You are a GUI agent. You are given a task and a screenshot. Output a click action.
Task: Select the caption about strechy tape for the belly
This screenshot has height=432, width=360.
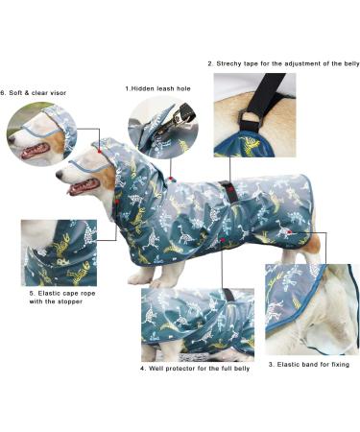[x=283, y=63]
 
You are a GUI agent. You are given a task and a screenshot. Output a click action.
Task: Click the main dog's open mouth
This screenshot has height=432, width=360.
[x=79, y=188]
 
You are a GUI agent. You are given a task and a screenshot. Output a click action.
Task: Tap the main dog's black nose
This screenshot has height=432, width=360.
[x=58, y=174]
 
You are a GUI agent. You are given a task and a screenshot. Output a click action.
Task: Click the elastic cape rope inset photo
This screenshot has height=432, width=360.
[x=59, y=252]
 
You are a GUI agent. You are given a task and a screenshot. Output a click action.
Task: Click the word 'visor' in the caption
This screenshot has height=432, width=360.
[x=58, y=93]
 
